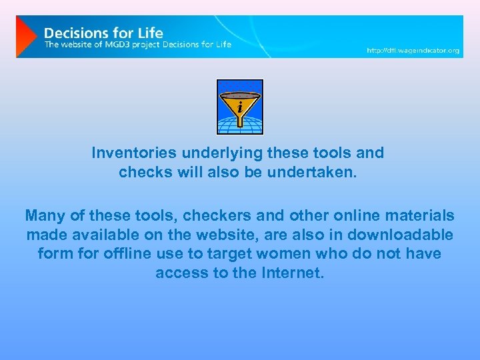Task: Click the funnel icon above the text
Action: click(x=240, y=107)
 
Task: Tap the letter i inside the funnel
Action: click(x=240, y=106)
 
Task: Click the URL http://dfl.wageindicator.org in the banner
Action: click(x=413, y=51)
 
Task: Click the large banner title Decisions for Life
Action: click(x=103, y=31)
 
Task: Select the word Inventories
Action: click(x=130, y=153)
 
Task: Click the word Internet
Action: click(x=291, y=273)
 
